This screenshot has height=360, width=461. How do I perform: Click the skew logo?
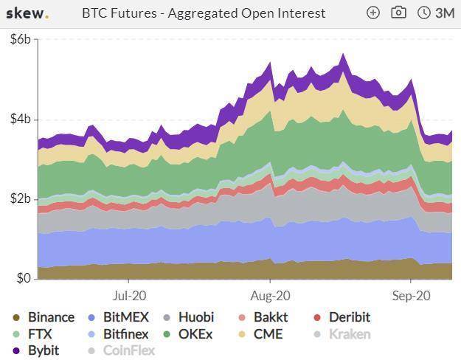pos(27,13)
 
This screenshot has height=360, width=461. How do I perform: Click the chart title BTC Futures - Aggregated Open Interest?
pos(203,13)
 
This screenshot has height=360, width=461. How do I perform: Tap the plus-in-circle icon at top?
pos(373,13)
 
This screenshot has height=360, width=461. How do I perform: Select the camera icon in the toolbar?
pos(398,13)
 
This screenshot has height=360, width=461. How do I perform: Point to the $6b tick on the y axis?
pos(21,40)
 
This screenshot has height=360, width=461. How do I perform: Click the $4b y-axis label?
pos(21,120)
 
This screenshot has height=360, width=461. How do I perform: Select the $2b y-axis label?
pos(21,199)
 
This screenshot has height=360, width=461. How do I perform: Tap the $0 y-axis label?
pos(24,279)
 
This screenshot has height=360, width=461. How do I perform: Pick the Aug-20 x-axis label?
pos(270,294)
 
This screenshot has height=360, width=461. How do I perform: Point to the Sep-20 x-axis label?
pos(411,294)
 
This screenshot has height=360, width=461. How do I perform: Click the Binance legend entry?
pos(51,317)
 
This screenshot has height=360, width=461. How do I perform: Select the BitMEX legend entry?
pos(125,317)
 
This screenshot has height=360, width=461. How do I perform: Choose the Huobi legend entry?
pos(195,317)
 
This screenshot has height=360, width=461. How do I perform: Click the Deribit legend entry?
pos(349,317)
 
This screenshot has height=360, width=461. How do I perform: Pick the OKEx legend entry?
pos(195,334)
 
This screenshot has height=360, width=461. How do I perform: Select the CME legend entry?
pos(268,334)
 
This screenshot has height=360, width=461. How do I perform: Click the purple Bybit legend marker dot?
pos(15,350)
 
